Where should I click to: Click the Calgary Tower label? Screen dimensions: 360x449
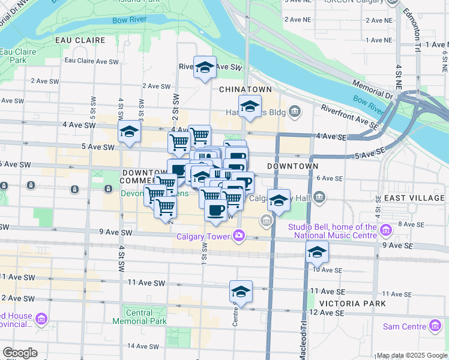pos(203,236)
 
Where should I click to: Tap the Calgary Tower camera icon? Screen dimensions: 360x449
pos(239,236)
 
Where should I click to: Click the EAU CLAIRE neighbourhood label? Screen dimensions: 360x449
pos(80,40)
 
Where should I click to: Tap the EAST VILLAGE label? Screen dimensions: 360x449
pos(414,198)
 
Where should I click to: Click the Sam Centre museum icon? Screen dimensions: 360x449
pos(435,326)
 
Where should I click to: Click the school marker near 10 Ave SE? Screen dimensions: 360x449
pos(317,252)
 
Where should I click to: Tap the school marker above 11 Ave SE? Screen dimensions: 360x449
pos(241,292)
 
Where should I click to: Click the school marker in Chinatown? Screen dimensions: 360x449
pos(250,107)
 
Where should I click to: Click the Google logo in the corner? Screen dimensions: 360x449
pos(20,353)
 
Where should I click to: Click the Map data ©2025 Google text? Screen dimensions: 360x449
pos(411,355)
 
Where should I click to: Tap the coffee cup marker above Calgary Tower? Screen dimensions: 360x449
pos(216,209)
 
